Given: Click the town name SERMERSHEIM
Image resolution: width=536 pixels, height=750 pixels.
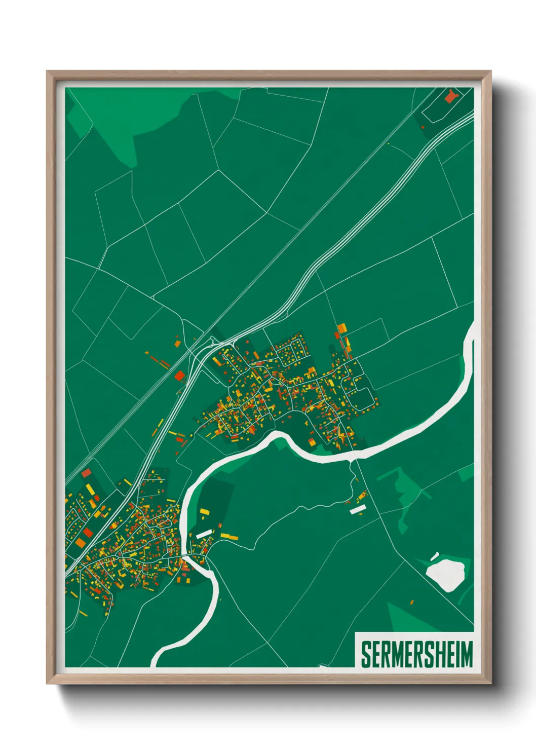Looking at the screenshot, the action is point(416,654).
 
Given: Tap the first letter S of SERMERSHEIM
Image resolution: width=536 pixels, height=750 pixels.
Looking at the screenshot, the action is point(366,654).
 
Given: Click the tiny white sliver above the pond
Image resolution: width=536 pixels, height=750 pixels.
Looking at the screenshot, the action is point(434,556).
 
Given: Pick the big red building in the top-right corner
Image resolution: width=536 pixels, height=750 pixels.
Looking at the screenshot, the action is point(450,95).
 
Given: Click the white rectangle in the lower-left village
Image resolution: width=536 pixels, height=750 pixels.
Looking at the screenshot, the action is point(204,534).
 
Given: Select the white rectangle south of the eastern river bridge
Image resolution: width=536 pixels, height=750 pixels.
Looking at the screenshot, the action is point(358,509).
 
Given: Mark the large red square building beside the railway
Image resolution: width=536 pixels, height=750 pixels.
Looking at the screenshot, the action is point(179,376).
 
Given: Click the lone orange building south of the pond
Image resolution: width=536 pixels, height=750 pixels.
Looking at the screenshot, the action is point(411,603).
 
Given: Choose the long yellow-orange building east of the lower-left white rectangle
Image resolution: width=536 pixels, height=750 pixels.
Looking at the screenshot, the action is point(229,536).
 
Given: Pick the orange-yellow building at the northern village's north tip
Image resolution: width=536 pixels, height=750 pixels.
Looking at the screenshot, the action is point(341,327).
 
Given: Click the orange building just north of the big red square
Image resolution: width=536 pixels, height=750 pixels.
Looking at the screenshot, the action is point(177,343).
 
